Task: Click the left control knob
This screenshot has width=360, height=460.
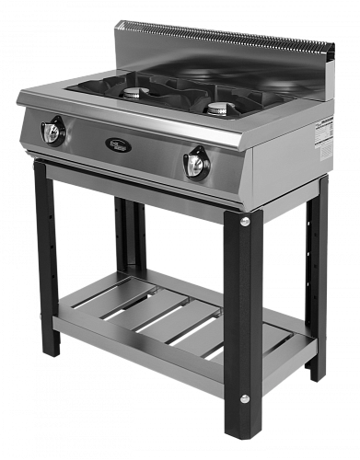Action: click(52, 132)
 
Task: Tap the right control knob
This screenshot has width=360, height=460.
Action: click(195, 163)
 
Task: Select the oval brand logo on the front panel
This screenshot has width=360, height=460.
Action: click(119, 144)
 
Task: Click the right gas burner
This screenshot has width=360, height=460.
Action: click(218, 109)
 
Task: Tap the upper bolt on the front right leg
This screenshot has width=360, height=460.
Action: click(245, 222)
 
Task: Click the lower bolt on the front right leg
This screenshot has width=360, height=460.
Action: click(245, 398)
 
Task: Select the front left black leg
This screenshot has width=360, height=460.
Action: click(47, 258)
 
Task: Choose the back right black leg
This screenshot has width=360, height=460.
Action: click(317, 276)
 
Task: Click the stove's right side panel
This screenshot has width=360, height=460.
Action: click(290, 161)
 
